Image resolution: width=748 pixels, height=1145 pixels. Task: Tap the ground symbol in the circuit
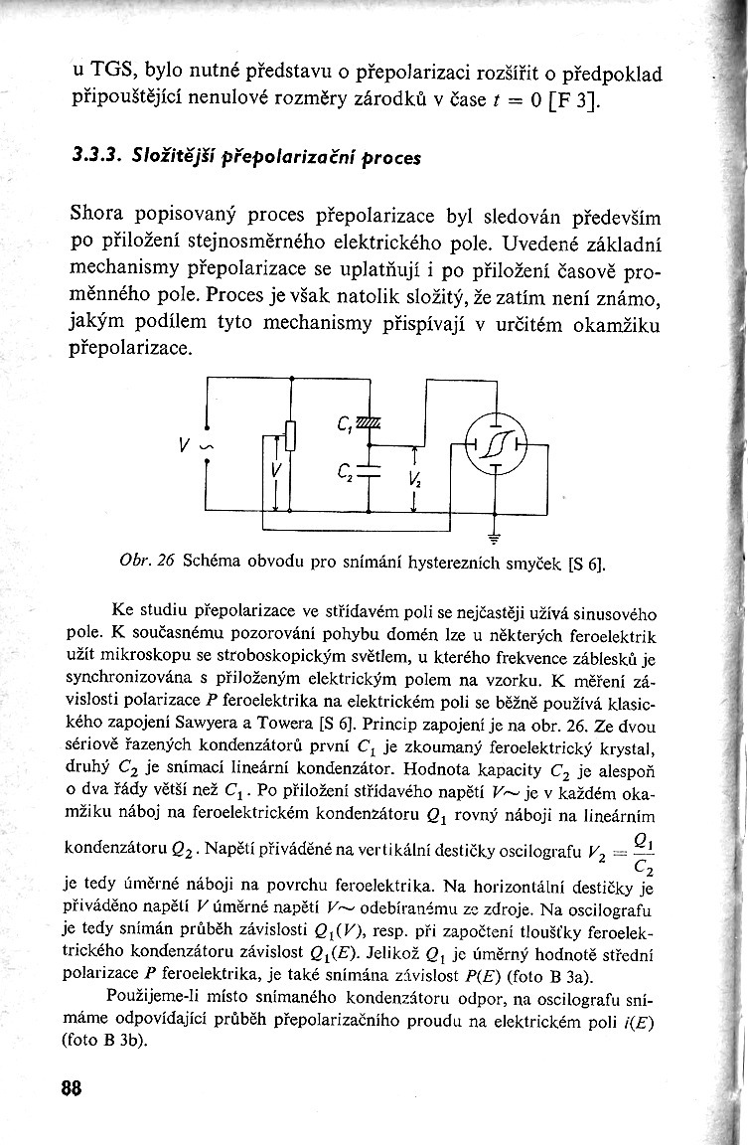click(493, 530)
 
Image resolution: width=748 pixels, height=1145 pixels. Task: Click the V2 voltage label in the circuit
click(414, 482)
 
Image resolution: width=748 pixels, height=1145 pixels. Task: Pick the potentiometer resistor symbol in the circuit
click(291, 434)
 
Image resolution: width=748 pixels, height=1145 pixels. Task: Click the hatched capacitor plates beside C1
click(369, 425)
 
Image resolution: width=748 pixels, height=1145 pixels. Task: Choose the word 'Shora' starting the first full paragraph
click(103, 215)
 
